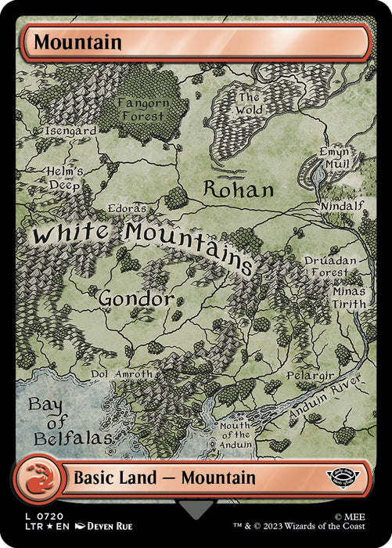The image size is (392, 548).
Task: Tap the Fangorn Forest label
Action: [x=142, y=109]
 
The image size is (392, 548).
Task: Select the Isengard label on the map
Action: [x=71, y=132]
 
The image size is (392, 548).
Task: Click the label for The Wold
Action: [x=249, y=105]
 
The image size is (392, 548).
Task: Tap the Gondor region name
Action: [x=135, y=298]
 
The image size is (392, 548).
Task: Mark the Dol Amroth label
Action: [x=123, y=374]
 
